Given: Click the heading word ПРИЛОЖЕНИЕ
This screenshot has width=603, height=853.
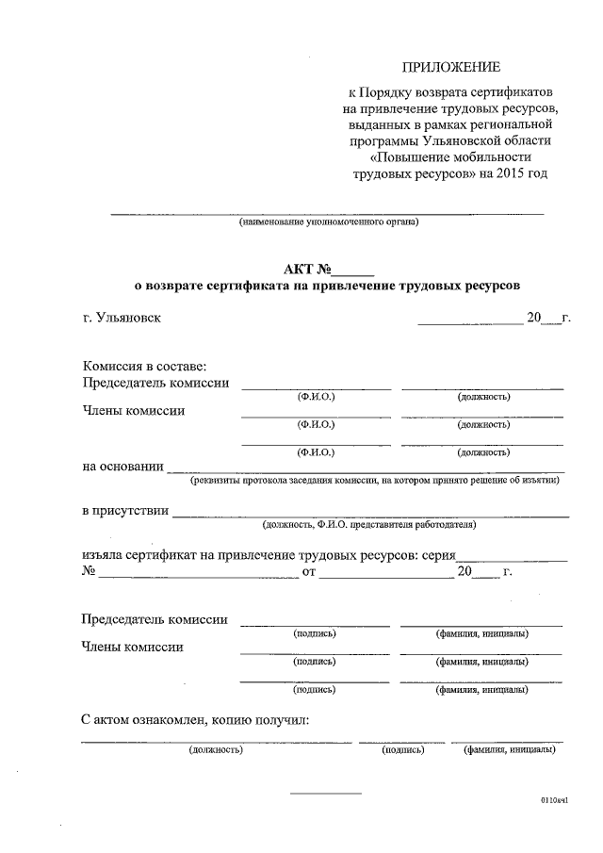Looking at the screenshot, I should pyautogui.click(x=451, y=66).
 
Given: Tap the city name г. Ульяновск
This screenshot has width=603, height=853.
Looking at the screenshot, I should pyautogui.click(x=122, y=318).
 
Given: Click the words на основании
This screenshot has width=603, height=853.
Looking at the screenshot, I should pyautogui.click(x=123, y=466).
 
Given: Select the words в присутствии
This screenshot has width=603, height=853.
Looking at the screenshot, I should pyautogui.click(x=125, y=511).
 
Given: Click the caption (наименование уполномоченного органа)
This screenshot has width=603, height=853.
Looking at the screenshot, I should pyautogui.click(x=329, y=222).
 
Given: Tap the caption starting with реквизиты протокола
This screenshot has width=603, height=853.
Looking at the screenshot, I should pyautogui.click(x=375, y=480).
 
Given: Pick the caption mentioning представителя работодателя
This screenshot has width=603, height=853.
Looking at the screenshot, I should pyautogui.click(x=369, y=524).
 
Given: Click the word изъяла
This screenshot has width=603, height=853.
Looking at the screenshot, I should pyautogui.click(x=102, y=556).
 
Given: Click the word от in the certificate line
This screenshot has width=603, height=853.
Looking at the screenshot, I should pyautogui.click(x=308, y=572).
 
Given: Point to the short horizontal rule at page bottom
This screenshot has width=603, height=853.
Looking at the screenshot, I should pyautogui.click(x=325, y=793).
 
